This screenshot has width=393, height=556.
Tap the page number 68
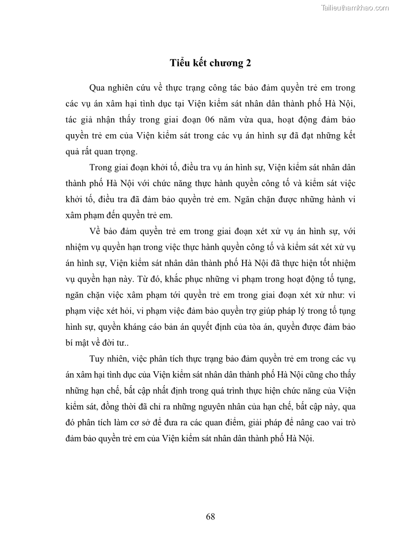pyautogui.click(x=210, y=516)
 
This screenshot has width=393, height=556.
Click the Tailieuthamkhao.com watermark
pyautogui.click(x=355, y=7)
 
